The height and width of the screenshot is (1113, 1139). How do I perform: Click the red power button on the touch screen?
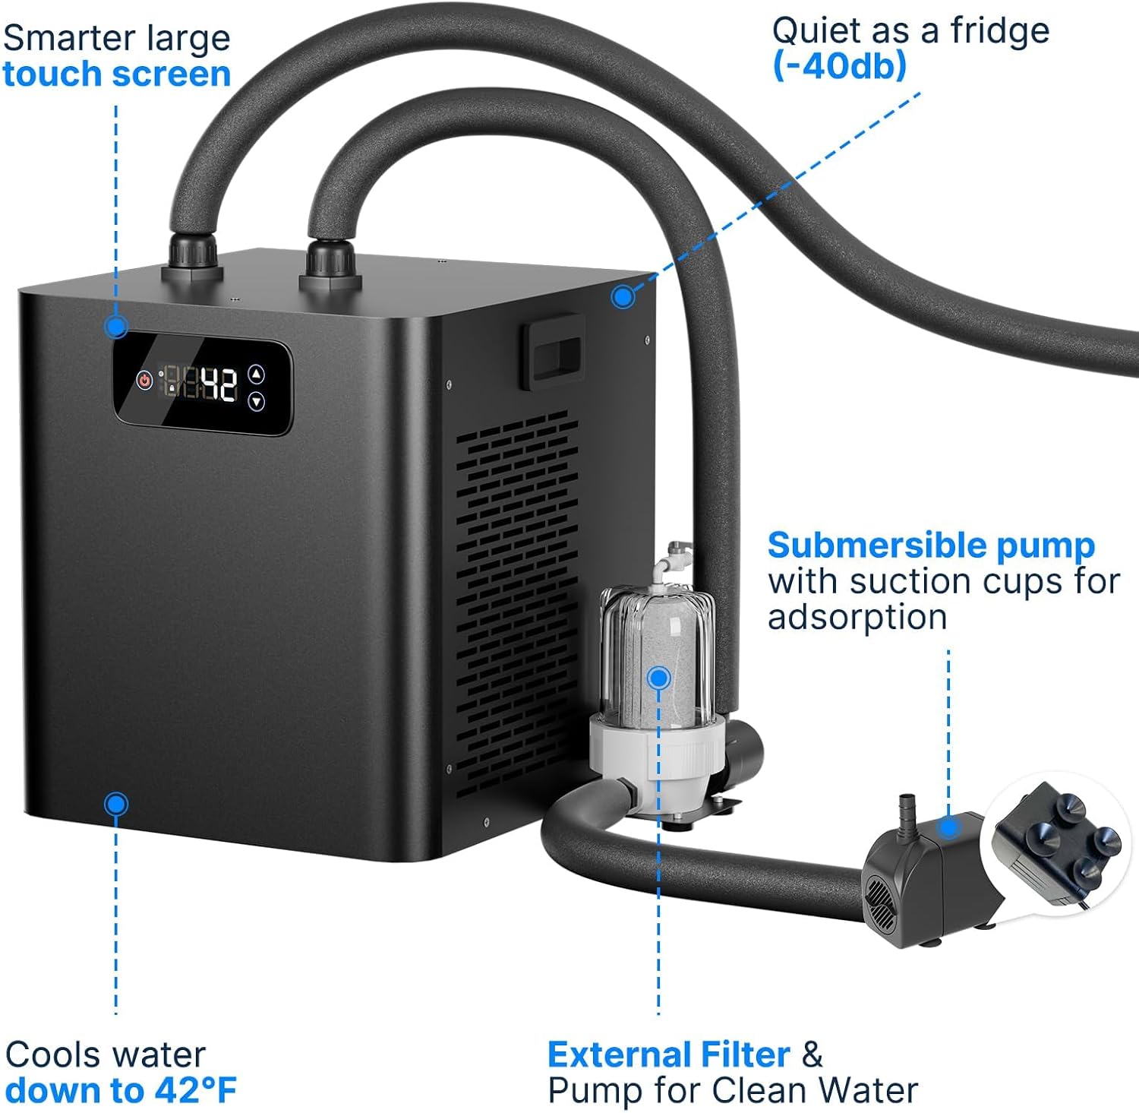(144, 380)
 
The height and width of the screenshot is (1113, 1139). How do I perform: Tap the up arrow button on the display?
(257, 374)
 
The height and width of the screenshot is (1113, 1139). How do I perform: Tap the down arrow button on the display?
(257, 401)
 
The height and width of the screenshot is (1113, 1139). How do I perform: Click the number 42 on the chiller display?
(219, 384)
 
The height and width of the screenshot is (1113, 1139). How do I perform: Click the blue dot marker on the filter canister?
(659, 678)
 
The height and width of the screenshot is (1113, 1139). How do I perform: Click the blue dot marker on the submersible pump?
(948, 828)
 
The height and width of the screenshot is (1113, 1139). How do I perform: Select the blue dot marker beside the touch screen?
(116, 327)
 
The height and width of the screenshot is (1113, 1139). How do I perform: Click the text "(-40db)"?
(839, 66)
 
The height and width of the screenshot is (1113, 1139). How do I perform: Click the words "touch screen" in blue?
(116, 74)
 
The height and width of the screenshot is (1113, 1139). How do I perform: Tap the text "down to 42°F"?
(121, 1090)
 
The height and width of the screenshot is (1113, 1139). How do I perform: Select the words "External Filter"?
(669, 1055)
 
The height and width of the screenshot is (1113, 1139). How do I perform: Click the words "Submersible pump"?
(932, 546)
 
